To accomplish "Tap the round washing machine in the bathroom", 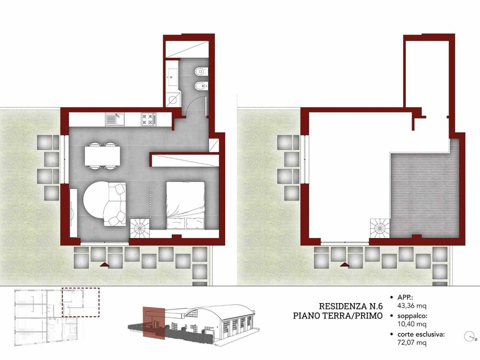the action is pos(173,100).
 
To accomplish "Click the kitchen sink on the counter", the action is pos(115,119).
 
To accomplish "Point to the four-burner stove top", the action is pos(149,119).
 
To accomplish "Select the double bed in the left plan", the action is pos(185,205).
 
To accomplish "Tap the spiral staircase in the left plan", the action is pos(140,228).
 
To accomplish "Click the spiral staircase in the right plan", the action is pos(380,228).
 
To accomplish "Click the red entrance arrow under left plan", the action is pos(104,264).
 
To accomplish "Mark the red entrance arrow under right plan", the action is pos(345,264).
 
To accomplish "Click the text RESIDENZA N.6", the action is pos(351,306).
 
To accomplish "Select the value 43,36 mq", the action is pos(411,305).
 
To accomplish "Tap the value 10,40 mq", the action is pos(411,324).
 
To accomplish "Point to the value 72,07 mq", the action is pos(411,342).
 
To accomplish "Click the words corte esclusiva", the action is pos(420,334).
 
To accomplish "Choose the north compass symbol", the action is pos(469,336).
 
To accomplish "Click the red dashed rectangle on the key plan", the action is pos(81,302).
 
